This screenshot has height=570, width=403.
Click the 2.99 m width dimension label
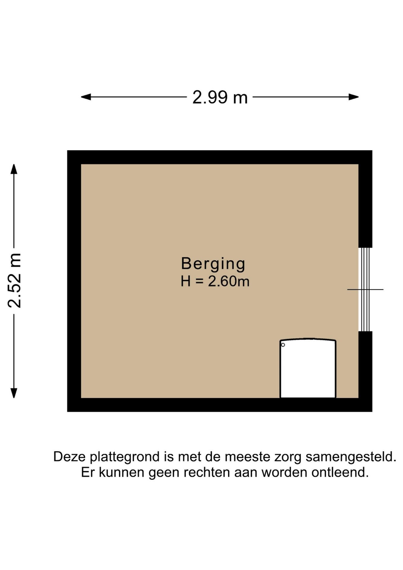(x=220, y=97)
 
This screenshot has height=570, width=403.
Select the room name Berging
(x=213, y=264)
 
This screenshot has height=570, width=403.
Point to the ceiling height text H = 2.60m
(x=215, y=281)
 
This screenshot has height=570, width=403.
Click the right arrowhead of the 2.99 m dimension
(x=354, y=97)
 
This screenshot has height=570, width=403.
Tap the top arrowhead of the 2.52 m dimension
(x=14, y=169)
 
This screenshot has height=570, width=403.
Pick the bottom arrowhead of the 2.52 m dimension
(x=14, y=393)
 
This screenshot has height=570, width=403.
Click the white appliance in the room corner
(x=308, y=368)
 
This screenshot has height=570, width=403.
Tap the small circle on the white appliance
(x=283, y=345)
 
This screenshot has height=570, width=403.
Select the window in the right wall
(x=365, y=289)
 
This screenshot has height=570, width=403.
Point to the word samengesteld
(x=351, y=457)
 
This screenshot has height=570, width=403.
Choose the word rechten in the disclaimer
(x=207, y=472)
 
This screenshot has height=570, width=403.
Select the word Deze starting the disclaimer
(x=70, y=457)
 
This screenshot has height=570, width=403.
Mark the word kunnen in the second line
(x=121, y=472)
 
